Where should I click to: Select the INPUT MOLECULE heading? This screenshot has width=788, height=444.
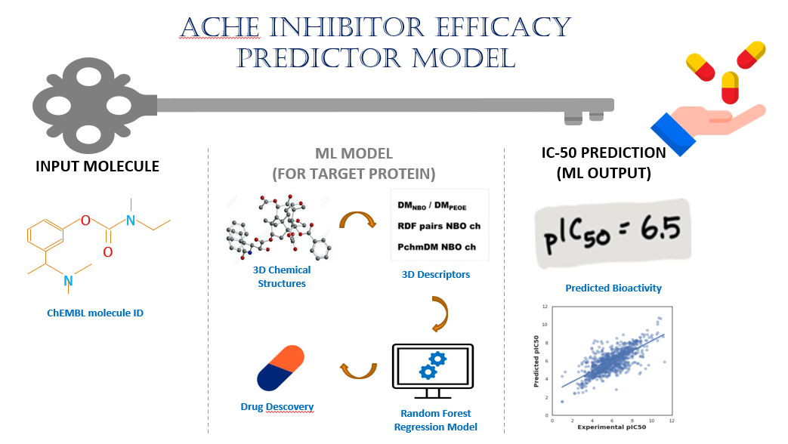[97, 166]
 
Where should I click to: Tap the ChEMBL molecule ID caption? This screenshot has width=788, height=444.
[95, 313]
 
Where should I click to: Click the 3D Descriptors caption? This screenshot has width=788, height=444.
[435, 274]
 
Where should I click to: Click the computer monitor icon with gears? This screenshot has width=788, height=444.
[432, 370]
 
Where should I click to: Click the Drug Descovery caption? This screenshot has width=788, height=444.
[277, 407]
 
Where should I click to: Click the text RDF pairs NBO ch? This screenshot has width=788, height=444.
[438, 225]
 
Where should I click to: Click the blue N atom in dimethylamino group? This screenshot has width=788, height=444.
[68, 281]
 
